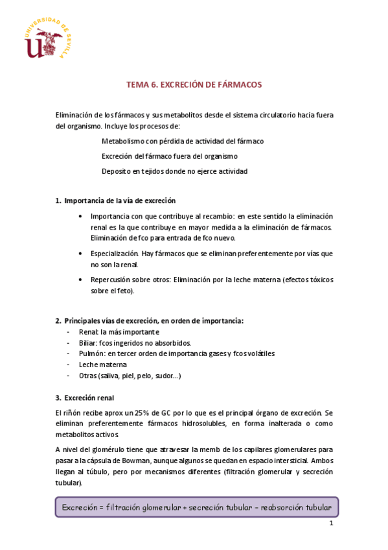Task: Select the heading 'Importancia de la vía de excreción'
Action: coord(120,200)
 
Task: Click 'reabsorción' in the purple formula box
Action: coord(284,507)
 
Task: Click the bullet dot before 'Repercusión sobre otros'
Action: coord(79,280)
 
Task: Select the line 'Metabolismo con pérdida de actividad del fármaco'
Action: coord(183,141)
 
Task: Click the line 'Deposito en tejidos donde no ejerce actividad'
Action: coord(174,171)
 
